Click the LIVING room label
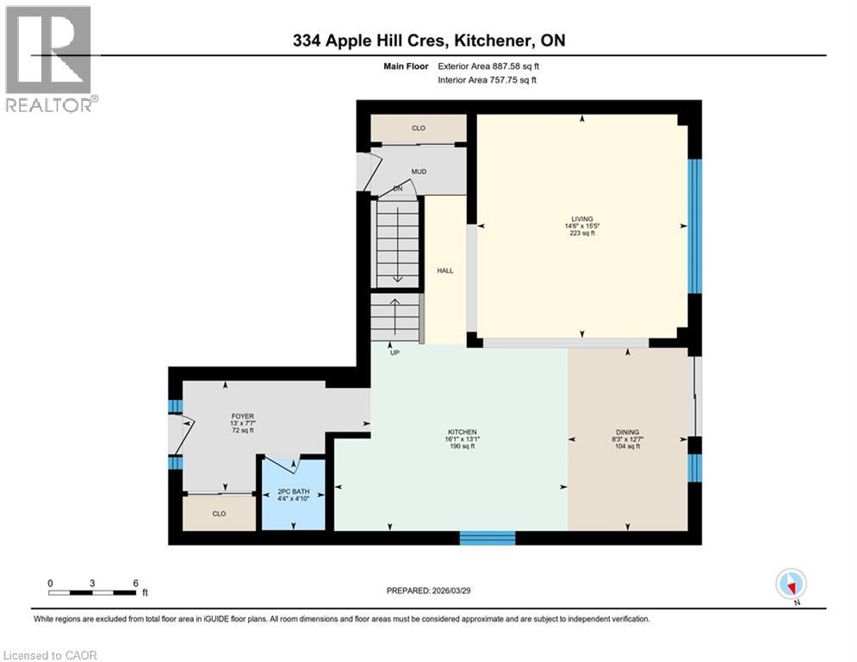[581, 219]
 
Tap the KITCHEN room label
[462, 433]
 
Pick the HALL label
[444, 271]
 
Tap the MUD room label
[419, 172]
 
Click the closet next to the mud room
[419, 128]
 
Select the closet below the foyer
[219, 513]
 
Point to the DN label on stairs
[397, 188]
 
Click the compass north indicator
[790, 584]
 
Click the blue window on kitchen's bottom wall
[487, 538]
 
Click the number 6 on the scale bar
[135, 582]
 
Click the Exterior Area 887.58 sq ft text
[488, 66]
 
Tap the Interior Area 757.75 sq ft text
[487, 80]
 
